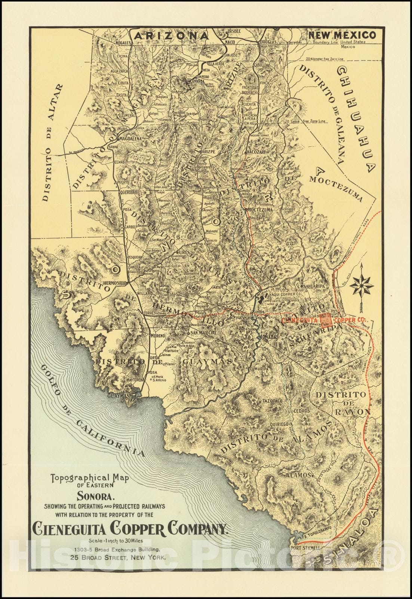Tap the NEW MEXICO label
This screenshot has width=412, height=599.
tap(341, 35)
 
